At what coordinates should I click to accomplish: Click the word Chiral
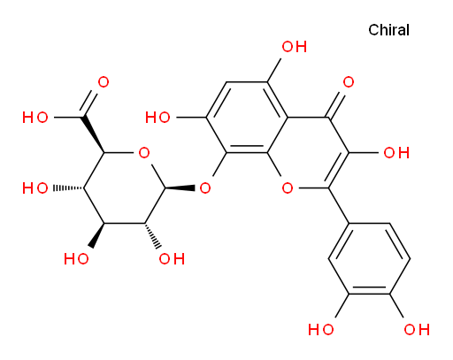coord(388,30)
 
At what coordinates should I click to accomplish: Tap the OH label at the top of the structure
coord(295,47)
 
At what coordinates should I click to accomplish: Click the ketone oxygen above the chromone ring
coord(349,82)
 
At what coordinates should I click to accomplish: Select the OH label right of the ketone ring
coord(396,153)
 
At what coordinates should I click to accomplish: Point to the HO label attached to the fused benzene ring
coord(157,118)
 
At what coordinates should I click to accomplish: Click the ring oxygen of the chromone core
coord(288,188)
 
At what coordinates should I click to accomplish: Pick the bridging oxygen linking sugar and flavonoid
coord(205,188)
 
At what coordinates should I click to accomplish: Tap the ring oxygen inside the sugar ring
coord(144,153)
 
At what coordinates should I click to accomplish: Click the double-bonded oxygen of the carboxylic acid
coord(104,82)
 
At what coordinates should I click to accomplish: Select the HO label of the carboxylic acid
coord(35,118)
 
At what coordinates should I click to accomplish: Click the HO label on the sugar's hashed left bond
coord(35,188)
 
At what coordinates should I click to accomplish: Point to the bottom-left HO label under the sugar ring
coord(76,259)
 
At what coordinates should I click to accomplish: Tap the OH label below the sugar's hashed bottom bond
coord(172,259)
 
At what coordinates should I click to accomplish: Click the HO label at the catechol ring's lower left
coord(321,329)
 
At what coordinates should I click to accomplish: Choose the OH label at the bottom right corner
coord(417,329)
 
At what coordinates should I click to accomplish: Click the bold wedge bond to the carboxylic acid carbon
coord(94,134)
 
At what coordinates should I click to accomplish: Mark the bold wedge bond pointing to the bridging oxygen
coord(180,188)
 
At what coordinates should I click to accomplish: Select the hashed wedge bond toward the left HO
coord(68,188)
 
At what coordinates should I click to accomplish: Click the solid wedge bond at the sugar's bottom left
coord(98,235)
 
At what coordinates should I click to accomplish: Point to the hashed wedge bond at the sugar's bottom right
coord(152,235)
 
